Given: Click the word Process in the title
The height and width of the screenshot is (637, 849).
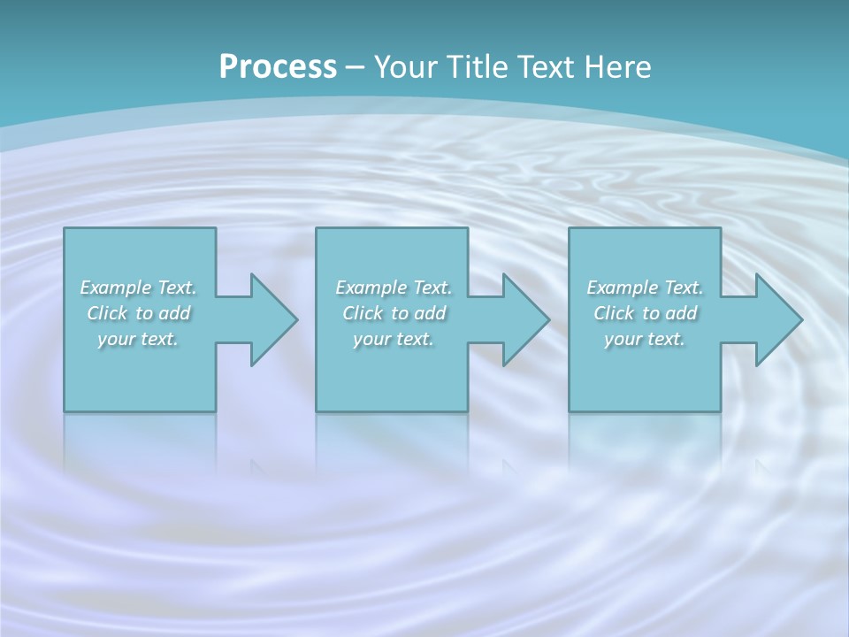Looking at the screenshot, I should tap(278, 66).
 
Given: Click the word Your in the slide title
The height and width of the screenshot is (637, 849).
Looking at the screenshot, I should tap(406, 66).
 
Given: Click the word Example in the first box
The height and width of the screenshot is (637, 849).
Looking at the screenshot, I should tap(115, 288).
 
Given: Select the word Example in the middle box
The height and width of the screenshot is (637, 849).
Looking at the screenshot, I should tap(371, 288).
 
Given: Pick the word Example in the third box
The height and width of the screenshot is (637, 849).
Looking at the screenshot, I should tap(622, 288).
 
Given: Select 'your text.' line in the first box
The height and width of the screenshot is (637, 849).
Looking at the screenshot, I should tap(138, 339).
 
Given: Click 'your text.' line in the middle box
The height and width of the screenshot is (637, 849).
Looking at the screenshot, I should tap(394, 339).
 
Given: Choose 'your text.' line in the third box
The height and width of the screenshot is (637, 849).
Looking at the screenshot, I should tap(645, 339).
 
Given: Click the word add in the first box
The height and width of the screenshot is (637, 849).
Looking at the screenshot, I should tap(175, 313).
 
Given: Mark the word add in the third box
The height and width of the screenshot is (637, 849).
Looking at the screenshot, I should tap(682, 313).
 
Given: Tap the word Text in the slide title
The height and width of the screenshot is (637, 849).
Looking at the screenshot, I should tap(545, 66).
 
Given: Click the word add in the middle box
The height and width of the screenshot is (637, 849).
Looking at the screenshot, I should tap(431, 313).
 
